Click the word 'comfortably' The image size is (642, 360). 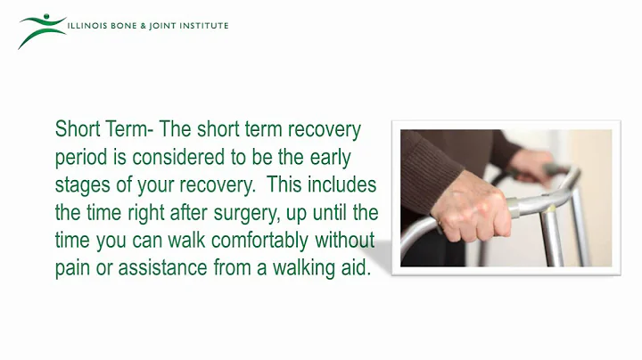pos(253,241)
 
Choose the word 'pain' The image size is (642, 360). pos(72,269)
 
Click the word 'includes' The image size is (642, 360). pos(342,186)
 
